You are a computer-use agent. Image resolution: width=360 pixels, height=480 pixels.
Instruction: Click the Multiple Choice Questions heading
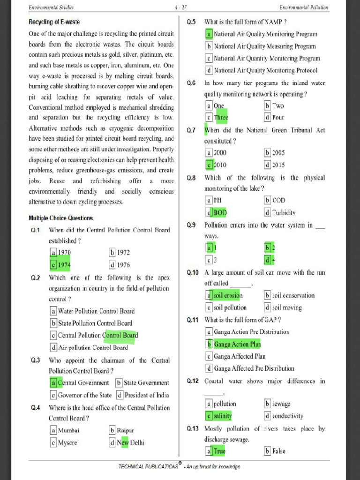[60, 218]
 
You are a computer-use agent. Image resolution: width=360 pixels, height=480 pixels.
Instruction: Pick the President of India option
[142, 395]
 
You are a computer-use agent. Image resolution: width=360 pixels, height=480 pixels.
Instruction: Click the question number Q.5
[191, 22]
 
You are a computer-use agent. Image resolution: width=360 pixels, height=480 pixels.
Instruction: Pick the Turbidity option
[280, 212]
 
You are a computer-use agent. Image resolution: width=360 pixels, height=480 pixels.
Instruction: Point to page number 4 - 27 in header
[180, 7]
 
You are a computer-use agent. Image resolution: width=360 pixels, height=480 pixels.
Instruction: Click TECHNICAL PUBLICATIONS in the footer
[148, 466]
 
